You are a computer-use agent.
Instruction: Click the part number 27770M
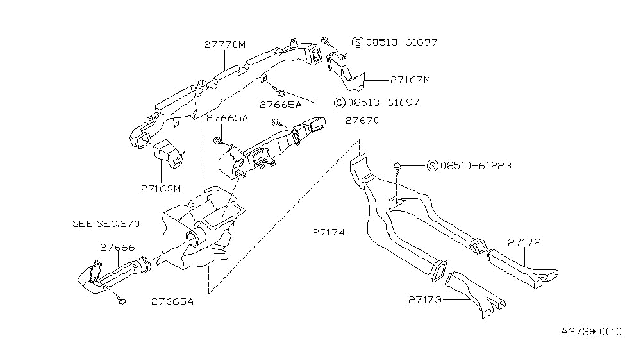coord(225,44)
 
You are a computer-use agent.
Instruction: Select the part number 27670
coord(362,120)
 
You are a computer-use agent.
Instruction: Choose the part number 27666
coord(117,246)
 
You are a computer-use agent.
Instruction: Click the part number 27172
coord(525,242)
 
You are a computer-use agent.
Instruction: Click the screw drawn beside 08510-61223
coord(398,167)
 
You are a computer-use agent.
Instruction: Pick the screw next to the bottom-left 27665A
coord(120,300)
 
